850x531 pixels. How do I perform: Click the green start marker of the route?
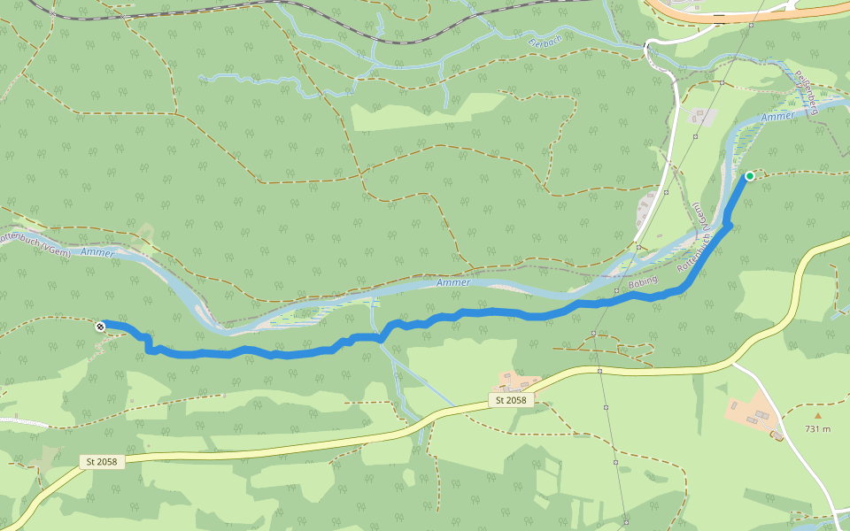click(x=749, y=176)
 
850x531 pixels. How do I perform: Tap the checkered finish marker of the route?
click(x=100, y=327)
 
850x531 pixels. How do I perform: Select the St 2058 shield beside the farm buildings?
click(x=510, y=401)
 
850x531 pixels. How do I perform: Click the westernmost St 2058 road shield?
click(x=104, y=462)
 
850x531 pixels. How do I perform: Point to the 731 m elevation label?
click(x=817, y=429)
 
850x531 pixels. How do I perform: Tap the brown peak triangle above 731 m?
click(x=817, y=415)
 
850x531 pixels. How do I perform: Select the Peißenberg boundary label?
click(x=805, y=93)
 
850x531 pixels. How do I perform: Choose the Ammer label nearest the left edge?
click(x=97, y=253)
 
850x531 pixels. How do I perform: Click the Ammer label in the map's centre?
click(x=452, y=283)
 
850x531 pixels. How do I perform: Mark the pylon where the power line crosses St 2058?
click(x=600, y=371)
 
